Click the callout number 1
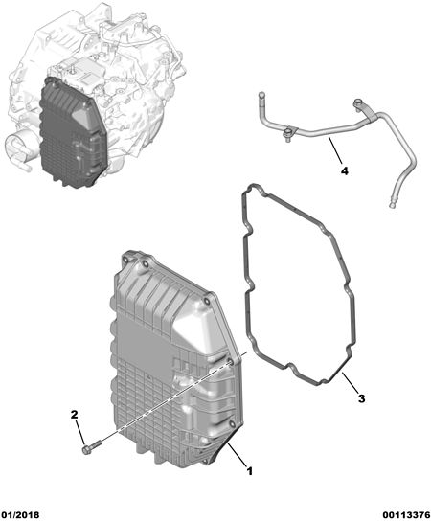[x=250, y=471]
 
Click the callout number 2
[x=74, y=415]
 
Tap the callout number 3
[x=361, y=398]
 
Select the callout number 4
[x=345, y=171]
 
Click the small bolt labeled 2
[x=91, y=446]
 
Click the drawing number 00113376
[x=406, y=515]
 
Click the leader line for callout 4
[x=335, y=149]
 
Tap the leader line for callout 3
[x=350, y=382]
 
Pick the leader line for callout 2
[x=80, y=432]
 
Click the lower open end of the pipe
[x=393, y=204]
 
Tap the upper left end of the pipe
[x=261, y=94]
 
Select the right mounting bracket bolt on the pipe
[x=358, y=102]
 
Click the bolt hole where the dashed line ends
[x=229, y=362]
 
